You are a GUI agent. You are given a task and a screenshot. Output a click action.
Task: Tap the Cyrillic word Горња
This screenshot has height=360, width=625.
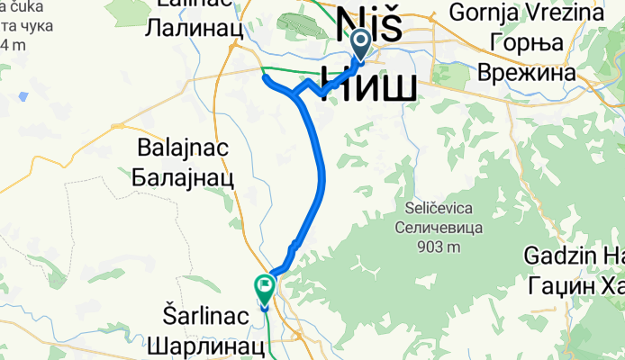524,42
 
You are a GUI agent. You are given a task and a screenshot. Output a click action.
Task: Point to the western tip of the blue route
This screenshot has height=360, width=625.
265,77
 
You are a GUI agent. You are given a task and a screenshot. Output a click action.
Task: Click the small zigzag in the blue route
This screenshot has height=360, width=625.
294,245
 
